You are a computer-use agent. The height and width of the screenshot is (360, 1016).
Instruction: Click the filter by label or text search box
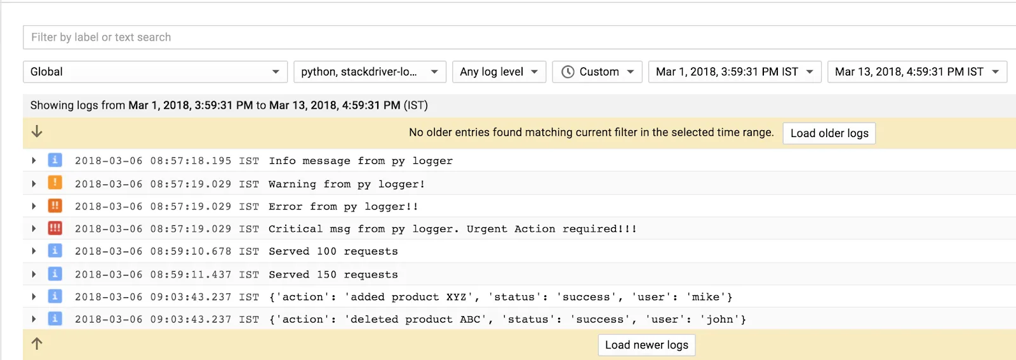pyautogui.click(x=508, y=37)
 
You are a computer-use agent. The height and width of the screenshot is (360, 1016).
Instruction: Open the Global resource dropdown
pyautogui.click(x=155, y=72)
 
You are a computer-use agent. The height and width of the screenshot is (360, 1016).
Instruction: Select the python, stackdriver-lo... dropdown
pyautogui.click(x=370, y=72)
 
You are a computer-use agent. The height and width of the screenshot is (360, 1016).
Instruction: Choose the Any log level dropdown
pyautogui.click(x=498, y=72)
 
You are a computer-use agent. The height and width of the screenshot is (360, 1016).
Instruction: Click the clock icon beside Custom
pyautogui.click(x=568, y=72)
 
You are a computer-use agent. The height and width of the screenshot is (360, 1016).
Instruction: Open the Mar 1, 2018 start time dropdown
pyautogui.click(x=735, y=72)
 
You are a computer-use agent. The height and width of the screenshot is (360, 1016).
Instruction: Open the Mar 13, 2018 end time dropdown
pyautogui.click(x=917, y=72)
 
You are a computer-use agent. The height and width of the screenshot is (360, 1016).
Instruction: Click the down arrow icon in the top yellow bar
pyautogui.click(x=37, y=131)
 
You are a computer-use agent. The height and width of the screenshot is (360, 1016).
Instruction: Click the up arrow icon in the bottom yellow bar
pyautogui.click(x=37, y=343)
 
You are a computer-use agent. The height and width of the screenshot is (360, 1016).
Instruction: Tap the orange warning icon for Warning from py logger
pyautogui.click(x=55, y=183)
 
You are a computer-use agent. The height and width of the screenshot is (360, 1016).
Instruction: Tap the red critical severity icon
pyautogui.click(x=55, y=228)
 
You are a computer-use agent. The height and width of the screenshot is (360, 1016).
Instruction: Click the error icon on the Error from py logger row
pyautogui.click(x=55, y=206)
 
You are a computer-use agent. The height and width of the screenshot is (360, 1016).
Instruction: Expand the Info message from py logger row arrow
pyautogui.click(x=34, y=161)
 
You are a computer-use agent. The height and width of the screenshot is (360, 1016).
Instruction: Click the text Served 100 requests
pyautogui.click(x=333, y=251)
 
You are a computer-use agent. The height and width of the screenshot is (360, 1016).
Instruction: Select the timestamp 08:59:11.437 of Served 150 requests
pyautogui.click(x=190, y=274)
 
